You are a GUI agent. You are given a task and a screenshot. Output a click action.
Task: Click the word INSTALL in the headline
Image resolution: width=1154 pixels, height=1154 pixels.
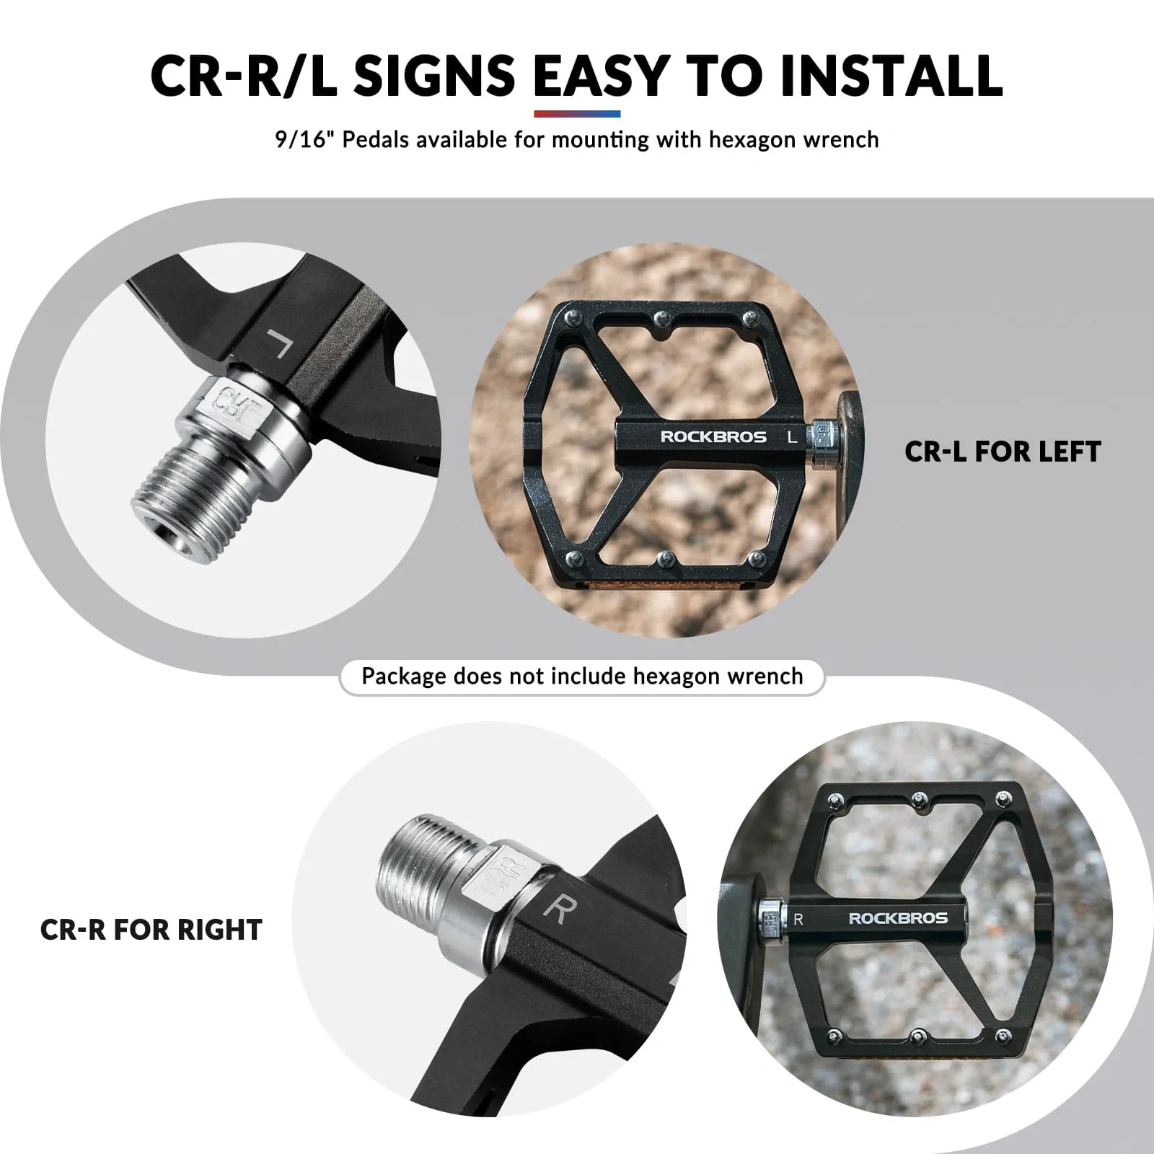point(891,75)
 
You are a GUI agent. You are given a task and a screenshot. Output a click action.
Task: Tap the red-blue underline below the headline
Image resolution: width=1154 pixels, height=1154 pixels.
point(577,114)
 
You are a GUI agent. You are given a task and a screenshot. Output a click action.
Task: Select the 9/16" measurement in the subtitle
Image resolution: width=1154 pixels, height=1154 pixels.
point(304,138)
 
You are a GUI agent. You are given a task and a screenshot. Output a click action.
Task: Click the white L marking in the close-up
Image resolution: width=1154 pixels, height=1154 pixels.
point(279,344)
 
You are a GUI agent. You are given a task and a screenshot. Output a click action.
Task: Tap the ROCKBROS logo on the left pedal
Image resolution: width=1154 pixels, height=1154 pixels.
point(713,436)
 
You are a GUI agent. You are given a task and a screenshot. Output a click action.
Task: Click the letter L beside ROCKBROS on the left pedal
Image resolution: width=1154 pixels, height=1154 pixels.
point(792,436)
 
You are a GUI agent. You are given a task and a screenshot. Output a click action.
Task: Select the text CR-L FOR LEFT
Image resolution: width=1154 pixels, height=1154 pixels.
point(1003,452)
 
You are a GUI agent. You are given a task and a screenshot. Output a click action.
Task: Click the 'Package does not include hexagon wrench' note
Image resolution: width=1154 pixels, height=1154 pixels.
point(582,677)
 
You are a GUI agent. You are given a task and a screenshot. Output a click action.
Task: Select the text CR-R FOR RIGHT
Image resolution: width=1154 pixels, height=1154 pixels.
point(151,930)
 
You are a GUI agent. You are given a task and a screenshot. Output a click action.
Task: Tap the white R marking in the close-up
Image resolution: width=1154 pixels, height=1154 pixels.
point(555,909)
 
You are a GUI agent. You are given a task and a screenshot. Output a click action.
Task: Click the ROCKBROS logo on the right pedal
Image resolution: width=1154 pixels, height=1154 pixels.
point(898,918)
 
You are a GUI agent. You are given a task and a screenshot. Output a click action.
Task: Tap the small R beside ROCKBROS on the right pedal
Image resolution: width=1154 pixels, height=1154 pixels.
point(798,919)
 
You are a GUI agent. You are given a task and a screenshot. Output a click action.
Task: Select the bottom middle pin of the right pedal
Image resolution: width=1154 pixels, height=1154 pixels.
point(917,1037)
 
